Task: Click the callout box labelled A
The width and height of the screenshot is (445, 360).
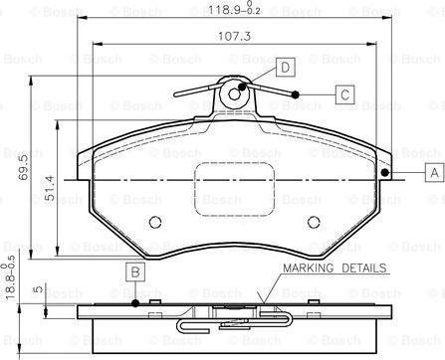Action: click(x=434, y=172)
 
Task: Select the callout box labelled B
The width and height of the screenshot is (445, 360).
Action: click(x=135, y=272)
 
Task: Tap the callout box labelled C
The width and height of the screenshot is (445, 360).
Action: click(x=344, y=94)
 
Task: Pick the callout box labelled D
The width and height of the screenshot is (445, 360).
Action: click(x=285, y=68)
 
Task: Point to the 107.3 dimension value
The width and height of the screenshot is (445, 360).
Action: click(x=234, y=36)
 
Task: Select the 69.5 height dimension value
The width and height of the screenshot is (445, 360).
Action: click(x=24, y=167)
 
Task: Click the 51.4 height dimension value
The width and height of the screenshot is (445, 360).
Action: click(x=50, y=188)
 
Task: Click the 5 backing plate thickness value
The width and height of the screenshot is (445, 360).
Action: click(x=39, y=288)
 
